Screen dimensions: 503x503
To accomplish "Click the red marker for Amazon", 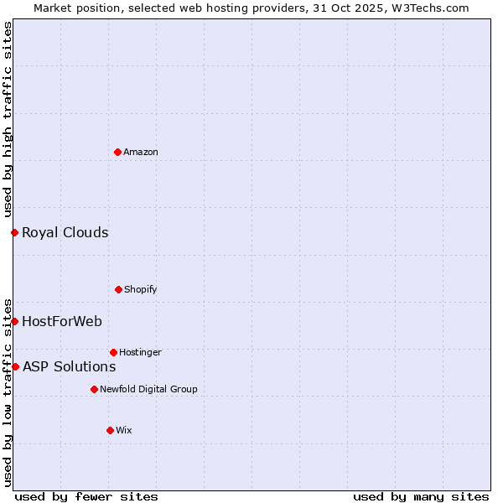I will click(117, 152).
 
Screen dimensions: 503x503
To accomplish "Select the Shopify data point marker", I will click(118, 289).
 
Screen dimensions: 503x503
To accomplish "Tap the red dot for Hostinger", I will click(113, 352).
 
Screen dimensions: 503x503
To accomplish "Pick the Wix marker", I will click(110, 430).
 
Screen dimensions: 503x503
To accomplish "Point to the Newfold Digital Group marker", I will click(94, 389).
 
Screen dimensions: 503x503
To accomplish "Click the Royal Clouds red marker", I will click(14, 232).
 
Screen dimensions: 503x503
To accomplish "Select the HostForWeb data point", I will click(14, 321).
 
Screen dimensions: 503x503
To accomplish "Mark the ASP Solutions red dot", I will click(15, 366).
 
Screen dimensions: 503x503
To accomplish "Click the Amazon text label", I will click(141, 152).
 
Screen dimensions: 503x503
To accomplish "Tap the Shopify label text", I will click(141, 289).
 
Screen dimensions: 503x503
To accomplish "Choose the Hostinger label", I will click(140, 352).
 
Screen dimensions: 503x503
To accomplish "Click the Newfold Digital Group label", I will click(148, 389).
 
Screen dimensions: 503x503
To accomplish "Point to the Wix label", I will click(124, 430).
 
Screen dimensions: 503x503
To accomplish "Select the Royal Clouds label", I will click(65, 232).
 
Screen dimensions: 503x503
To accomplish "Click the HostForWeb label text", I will click(62, 321).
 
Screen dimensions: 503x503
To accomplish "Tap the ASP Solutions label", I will click(69, 366).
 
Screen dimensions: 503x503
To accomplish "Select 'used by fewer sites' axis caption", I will click(86, 496).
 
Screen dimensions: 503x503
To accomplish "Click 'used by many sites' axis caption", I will click(421, 496).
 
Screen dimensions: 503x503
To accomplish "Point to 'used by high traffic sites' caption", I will click(8, 119).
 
